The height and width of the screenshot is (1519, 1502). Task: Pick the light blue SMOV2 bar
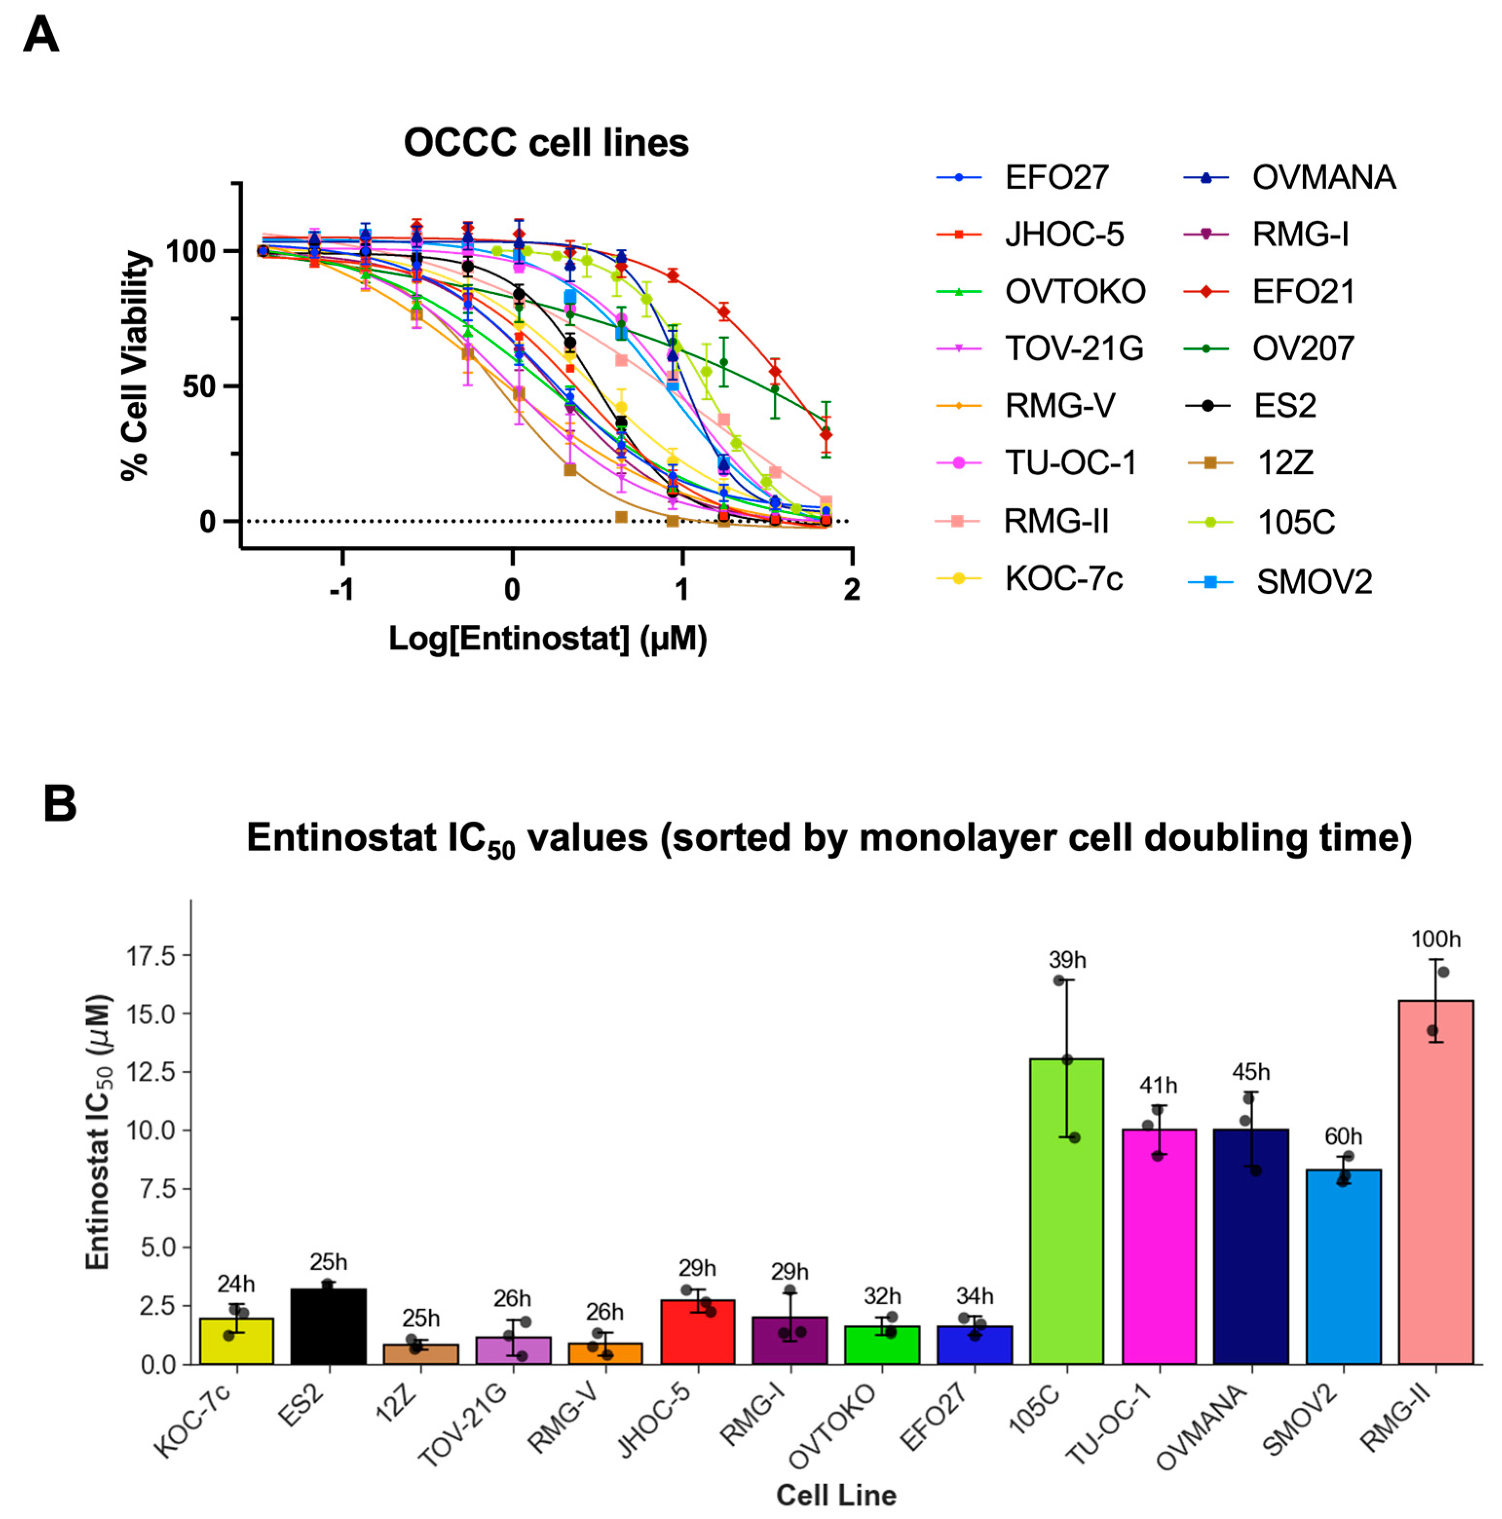pyautogui.click(x=1343, y=1266)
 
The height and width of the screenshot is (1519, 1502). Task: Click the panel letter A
pyautogui.click(x=41, y=36)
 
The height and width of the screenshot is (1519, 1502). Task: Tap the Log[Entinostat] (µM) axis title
pyautogui.click(x=548, y=638)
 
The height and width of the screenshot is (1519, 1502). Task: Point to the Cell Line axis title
pyautogui.click(x=836, y=1495)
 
